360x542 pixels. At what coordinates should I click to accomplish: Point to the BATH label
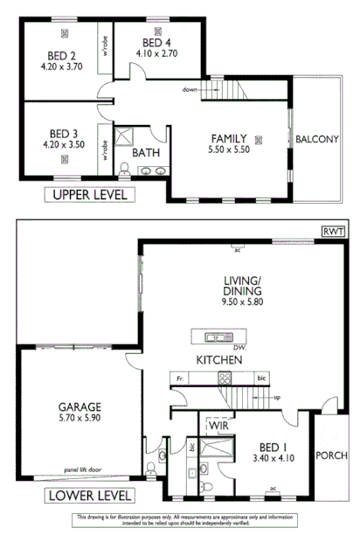point(145,152)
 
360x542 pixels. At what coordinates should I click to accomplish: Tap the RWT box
point(332,232)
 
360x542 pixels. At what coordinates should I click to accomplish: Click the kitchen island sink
point(215,337)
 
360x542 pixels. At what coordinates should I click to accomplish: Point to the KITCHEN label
point(218,360)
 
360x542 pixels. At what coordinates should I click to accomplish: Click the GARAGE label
point(80,406)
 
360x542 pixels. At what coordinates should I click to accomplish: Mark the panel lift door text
point(83,469)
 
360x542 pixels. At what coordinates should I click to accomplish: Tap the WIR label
point(219,425)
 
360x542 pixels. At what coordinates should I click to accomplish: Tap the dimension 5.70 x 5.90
point(80,419)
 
